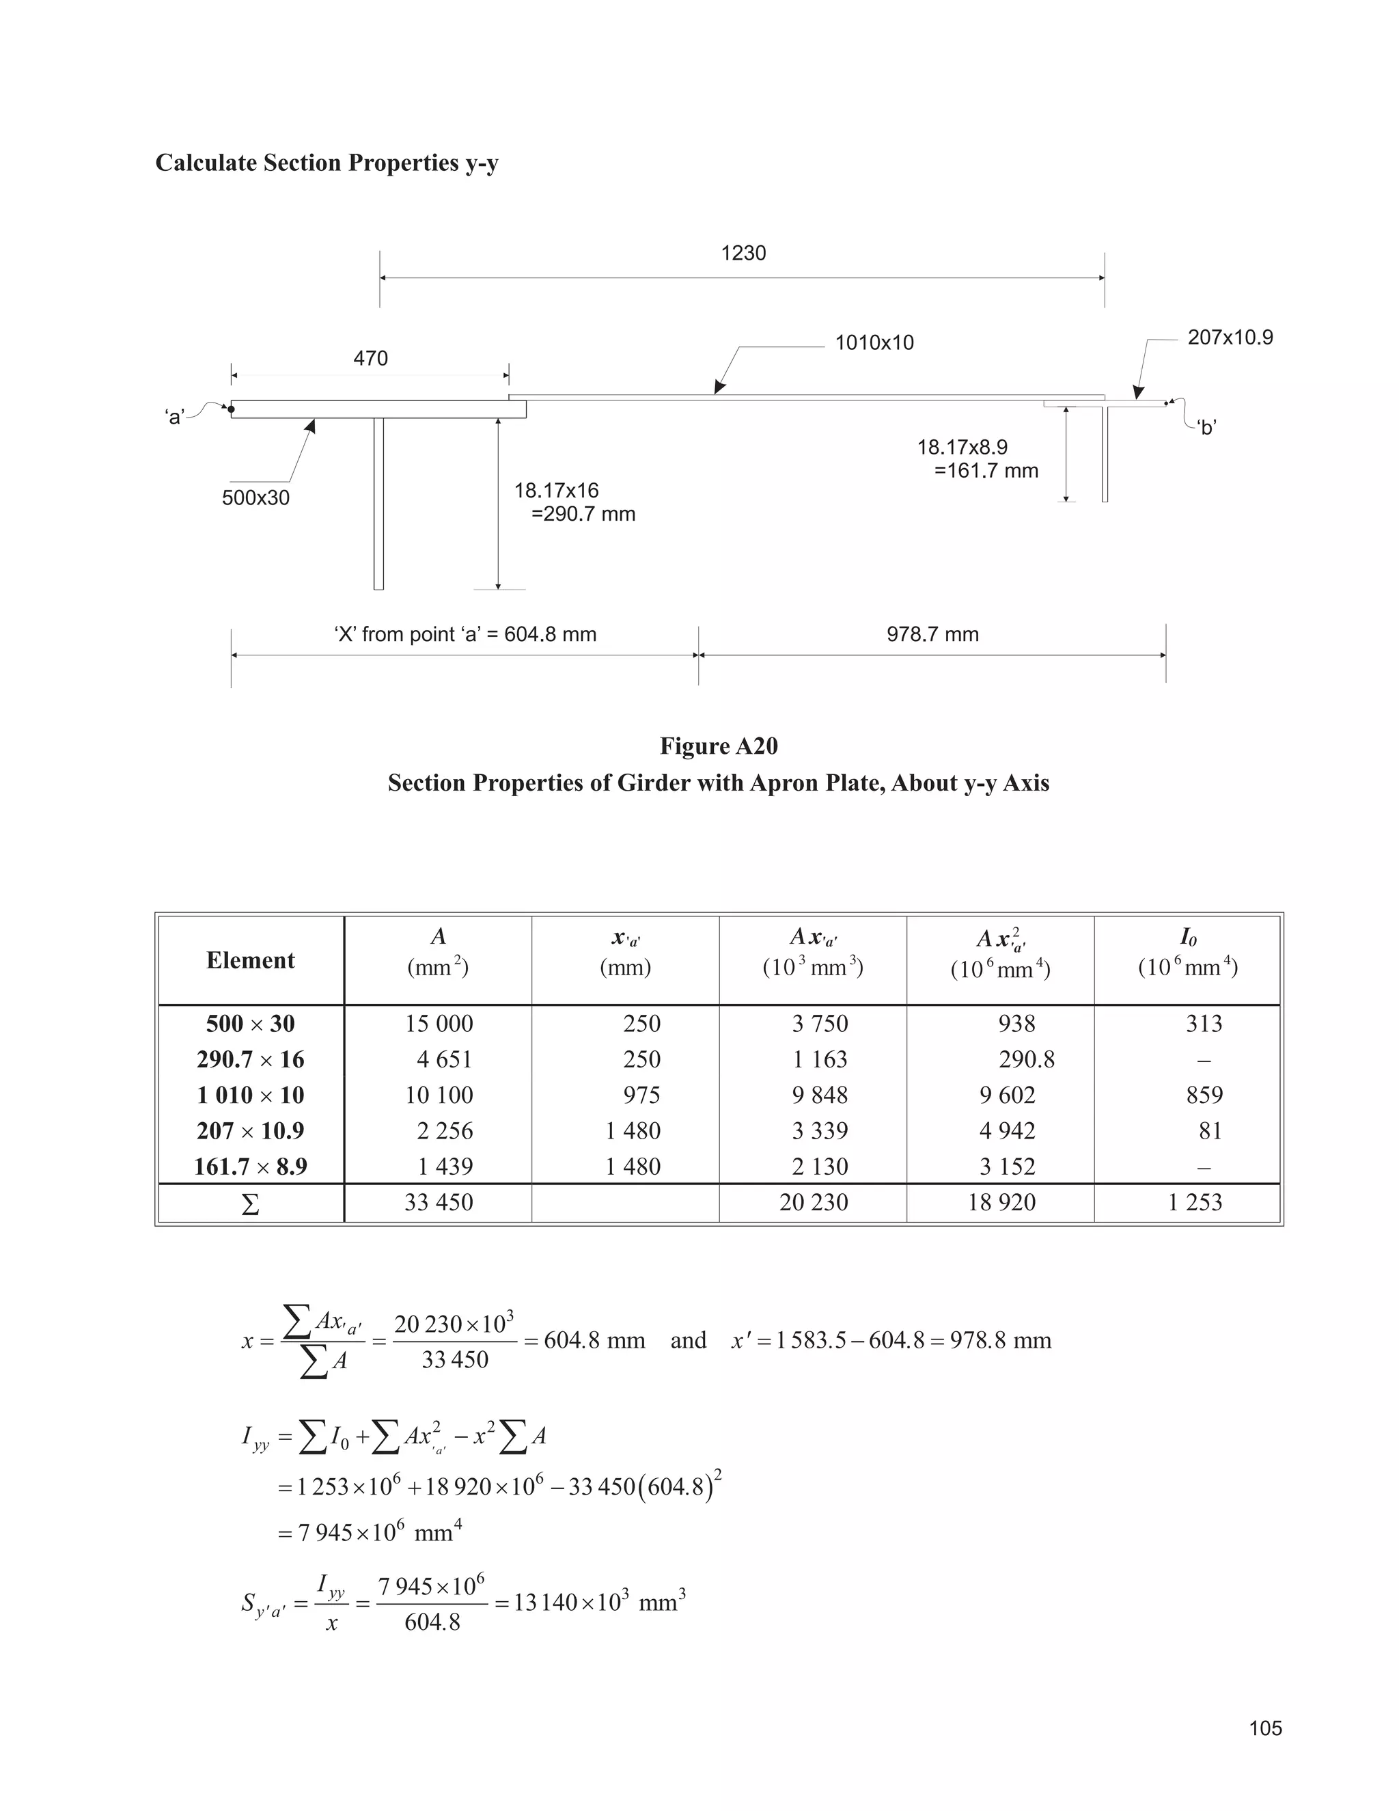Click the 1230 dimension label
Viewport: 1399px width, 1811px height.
(x=743, y=253)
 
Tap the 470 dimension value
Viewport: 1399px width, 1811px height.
(x=370, y=358)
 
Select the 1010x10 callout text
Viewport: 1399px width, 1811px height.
(x=874, y=342)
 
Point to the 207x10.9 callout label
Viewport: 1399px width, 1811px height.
(x=1230, y=338)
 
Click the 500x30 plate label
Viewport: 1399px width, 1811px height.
(x=255, y=498)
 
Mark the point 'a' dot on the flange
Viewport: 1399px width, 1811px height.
(x=232, y=408)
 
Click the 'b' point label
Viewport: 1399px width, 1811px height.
(x=1207, y=428)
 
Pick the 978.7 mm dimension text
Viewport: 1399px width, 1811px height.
(x=932, y=634)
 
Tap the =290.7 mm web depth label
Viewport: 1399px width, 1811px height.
(x=583, y=514)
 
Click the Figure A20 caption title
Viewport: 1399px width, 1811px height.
(x=719, y=746)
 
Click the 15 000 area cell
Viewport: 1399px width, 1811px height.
(x=439, y=1023)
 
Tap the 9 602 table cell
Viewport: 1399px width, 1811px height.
(x=1007, y=1095)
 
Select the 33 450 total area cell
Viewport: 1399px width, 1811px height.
(x=439, y=1202)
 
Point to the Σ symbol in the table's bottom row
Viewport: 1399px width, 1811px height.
(x=249, y=1204)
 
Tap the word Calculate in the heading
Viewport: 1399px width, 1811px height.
(x=206, y=163)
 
